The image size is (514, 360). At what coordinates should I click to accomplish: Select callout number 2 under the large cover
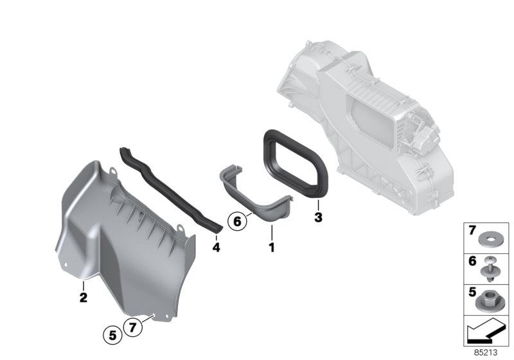pos(83,298)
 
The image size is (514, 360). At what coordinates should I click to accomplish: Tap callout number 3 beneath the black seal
pos(317,218)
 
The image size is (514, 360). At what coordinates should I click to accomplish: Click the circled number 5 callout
pos(112,334)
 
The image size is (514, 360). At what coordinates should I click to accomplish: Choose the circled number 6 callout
pos(237,221)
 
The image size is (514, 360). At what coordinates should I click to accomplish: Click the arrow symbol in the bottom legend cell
pos(486,333)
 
